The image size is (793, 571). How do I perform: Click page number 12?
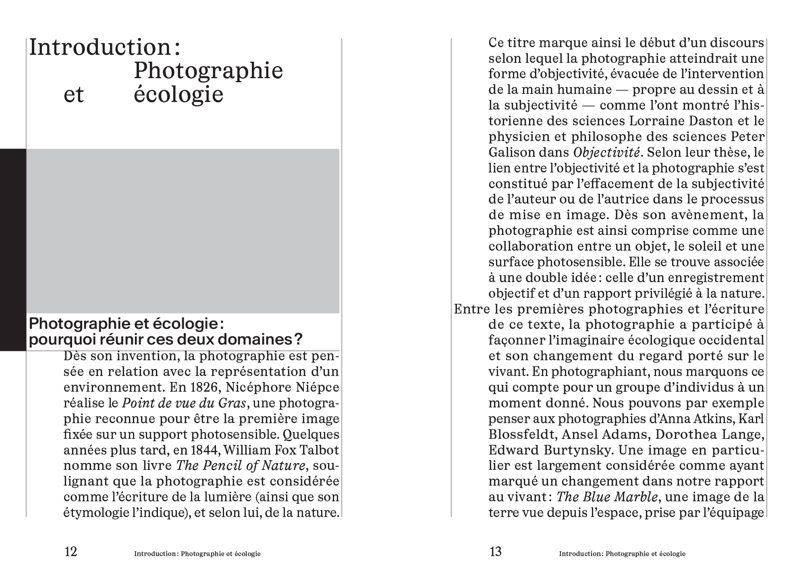[x=71, y=551]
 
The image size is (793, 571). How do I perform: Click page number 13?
[x=495, y=551]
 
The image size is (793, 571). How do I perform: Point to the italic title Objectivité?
[x=606, y=153]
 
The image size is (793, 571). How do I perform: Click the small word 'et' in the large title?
[x=74, y=95]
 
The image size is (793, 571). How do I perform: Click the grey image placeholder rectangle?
[x=183, y=231]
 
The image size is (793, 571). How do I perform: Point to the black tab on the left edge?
[x=13, y=250]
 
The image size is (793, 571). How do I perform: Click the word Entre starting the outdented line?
[x=472, y=309]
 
